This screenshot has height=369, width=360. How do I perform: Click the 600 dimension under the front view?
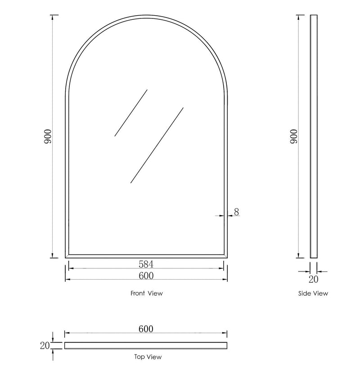pyautogui.click(x=146, y=275)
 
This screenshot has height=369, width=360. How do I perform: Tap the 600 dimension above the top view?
pyautogui.click(x=146, y=329)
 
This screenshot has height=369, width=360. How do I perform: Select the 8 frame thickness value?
pyautogui.click(x=236, y=212)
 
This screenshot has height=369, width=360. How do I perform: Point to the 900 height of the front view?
pyautogui.click(x=48, y=136)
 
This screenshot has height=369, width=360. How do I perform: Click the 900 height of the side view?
pyautogui.click(x=294, y=136)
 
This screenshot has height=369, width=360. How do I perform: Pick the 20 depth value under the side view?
pyautogui.click(x=314, y=280)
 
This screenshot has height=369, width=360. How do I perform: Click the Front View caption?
pyautogui.click(x=146, y=293)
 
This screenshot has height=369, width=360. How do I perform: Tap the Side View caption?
pyautogui.click(x=313, y=293)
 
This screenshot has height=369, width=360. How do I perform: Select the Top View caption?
pyautogui.click(x=148, y=357)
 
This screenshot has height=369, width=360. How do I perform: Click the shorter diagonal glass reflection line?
pyautogui.click(x=131, y=113)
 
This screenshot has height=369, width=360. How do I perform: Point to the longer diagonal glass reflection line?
pyautogui.click(x=157, y=145)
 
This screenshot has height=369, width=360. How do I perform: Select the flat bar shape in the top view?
pyautogui.click(x=146, y=345)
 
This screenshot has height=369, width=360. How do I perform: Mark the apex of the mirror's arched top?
pyautogui.click(x=146, y=16)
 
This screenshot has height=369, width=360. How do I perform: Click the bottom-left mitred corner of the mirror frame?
pyautogui.click(x=67, y=256)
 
